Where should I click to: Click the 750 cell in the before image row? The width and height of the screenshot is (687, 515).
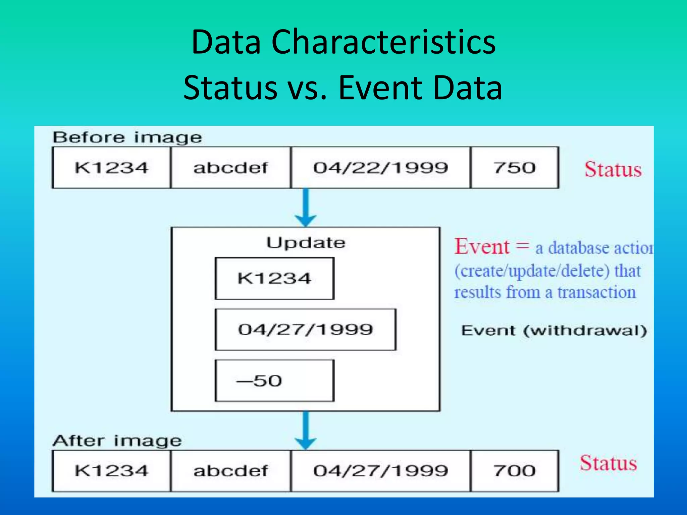[515, 168]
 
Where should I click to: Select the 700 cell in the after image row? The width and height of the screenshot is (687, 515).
[515, 471]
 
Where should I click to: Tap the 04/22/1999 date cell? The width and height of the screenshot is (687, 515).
[380, 168]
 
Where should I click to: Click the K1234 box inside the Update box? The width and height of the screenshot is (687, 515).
[274, 278]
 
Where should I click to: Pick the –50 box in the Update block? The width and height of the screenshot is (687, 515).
[274, 381]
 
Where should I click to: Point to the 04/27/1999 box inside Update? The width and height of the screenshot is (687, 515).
[305, 330]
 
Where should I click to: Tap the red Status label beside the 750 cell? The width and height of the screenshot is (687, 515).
[613, 169]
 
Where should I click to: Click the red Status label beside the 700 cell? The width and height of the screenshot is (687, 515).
[609, 463]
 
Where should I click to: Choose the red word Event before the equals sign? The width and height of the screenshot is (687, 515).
[482, 247]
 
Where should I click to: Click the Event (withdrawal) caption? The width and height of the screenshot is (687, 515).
[553, 331]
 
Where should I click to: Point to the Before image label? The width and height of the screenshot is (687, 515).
[127, 138]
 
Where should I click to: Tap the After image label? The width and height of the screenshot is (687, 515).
[117, 441]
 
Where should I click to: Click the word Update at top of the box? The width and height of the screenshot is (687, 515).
[306, 243]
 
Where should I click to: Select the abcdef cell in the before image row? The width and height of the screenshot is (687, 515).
[230, 168]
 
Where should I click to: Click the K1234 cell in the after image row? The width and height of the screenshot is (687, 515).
[111, 471]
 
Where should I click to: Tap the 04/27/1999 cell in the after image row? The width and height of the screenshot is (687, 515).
[380, 471]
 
